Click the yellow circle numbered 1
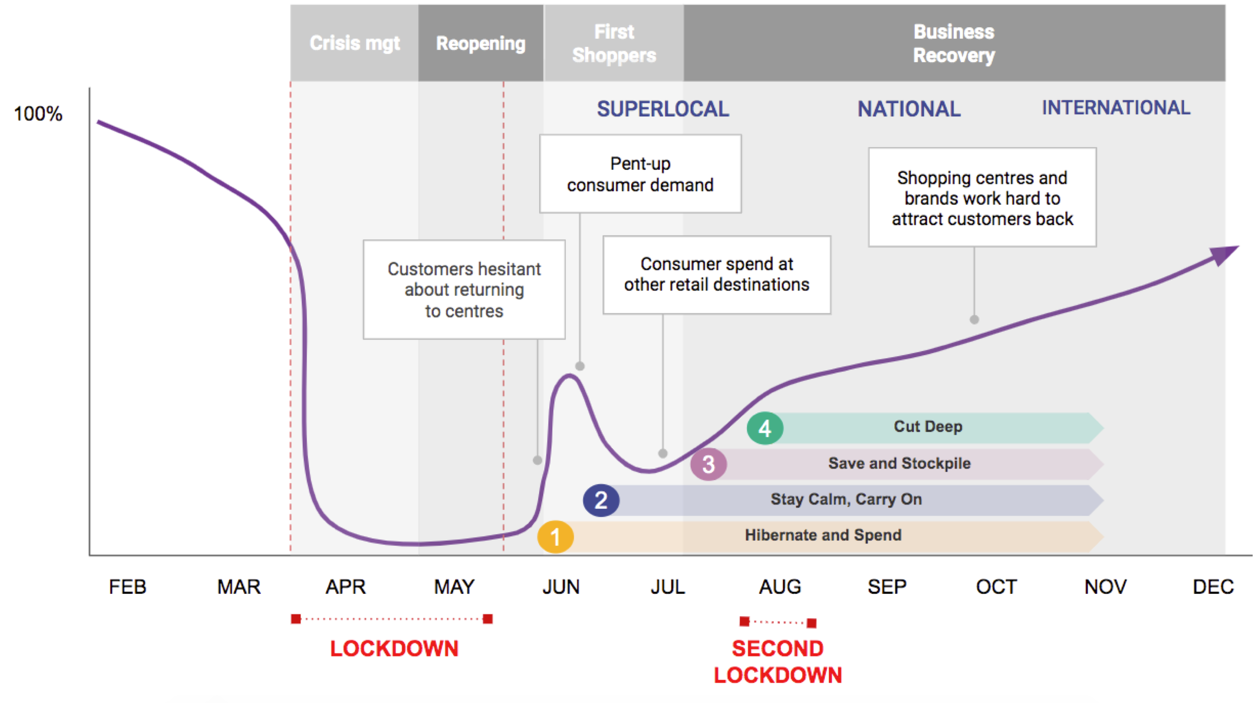pos(555,536)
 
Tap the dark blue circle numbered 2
pos(601,500)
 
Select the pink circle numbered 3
pos(708,464)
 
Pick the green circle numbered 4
pos(765,428)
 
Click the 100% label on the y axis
pos(38,114)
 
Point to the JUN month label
pos(561,587)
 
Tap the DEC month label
pos(1213,587)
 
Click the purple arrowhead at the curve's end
pos(1224,255)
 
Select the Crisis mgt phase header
pos(354,43)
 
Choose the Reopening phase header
pos(481,43)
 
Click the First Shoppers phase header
pos(614,43)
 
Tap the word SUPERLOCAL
pos(663,109)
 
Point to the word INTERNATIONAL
pos(1116,108)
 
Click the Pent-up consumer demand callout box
pos(640,174)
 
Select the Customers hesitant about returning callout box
pos(464,290)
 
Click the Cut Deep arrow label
pos(928,426)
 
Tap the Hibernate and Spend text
pos(823,535)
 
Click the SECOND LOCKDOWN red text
pos(778,662)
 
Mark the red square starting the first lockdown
pos(296,619)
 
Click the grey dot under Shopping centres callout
pos(974,320)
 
